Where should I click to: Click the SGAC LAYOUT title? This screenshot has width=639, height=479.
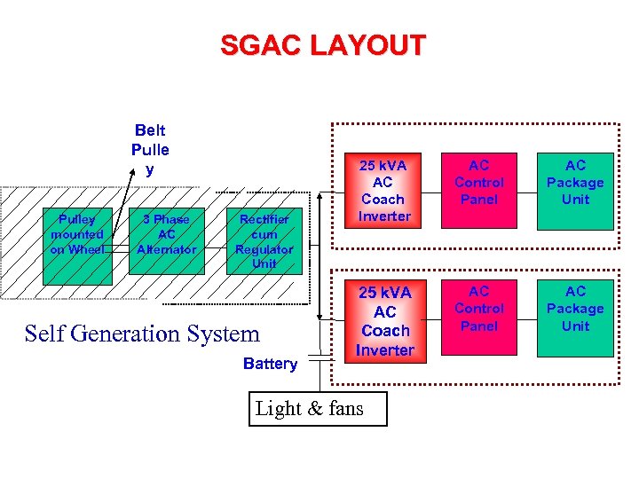tap(323, 45)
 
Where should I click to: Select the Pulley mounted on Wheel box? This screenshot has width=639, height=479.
tap(77, 235)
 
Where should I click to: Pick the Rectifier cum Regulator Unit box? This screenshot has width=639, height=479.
tap(264, 241)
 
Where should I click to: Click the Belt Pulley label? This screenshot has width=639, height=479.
tap(150, 149)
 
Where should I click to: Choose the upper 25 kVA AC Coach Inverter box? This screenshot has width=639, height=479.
tap(384, 191)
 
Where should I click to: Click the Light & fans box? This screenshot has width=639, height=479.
tap(306, 408)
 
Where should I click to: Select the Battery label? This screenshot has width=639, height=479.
tap(270, 364)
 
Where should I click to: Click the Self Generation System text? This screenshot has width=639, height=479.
tap(142, 334)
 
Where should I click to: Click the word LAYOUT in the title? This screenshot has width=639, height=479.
tap(367, 45)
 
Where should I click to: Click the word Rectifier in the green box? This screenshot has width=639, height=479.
tap(264, 219)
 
